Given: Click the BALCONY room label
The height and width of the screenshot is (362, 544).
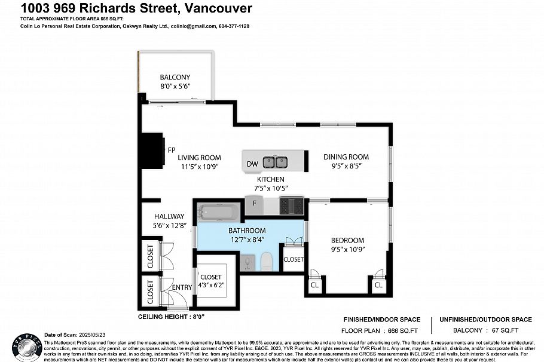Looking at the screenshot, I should point(175,77).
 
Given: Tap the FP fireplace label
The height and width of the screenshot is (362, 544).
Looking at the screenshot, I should point(171,150).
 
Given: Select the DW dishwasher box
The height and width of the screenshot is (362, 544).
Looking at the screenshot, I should point(252,163).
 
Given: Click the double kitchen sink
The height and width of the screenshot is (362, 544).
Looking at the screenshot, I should point(276,161).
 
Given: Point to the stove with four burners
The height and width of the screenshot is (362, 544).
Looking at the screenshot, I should point(292,206).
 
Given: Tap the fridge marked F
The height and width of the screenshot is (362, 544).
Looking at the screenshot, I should point(255,204).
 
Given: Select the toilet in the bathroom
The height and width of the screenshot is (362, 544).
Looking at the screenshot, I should point(267,260).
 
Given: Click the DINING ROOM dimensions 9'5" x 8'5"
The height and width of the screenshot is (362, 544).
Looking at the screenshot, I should point(343,165).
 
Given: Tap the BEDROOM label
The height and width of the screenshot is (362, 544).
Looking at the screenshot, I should point(347,240).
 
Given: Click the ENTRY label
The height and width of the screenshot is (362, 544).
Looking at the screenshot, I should point(182,288).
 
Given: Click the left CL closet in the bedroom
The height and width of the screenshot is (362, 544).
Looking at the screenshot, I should point(314,286).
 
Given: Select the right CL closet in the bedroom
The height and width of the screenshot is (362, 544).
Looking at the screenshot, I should point(378,286).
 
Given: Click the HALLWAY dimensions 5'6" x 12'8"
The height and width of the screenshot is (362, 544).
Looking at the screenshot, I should point(169,225).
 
